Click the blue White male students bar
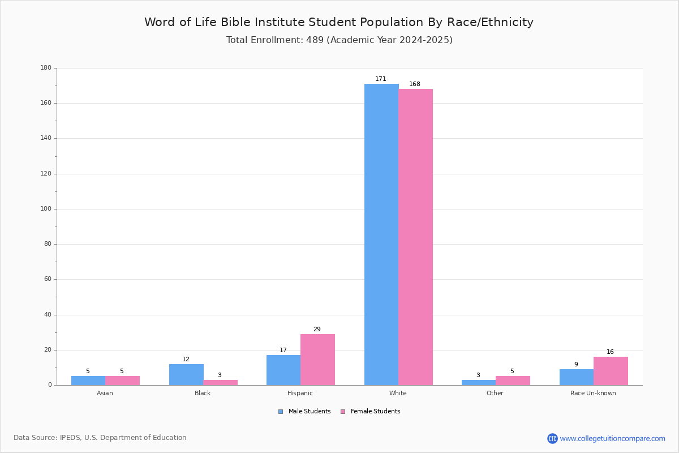[x=381, y=234]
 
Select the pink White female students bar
[x=415, y=237]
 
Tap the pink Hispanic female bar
[x=317, y=360]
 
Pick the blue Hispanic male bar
[x=283, y=370]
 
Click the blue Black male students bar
[x=186, y=375]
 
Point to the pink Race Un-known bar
[x=611, y=371]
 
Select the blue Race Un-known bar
[x=577, y=377]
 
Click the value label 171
[x=381, y=79]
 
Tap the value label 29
[x=317, y=329]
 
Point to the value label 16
[x=610, y=352]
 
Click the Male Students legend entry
[x=304, y=412]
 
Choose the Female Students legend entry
[x=371, y=412]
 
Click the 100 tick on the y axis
[x=46, y=209]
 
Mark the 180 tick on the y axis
[x=46, y=67]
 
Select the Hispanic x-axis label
[x=300, y=393]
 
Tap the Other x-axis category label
[x=495, y=393]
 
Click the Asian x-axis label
[x=105, y=393]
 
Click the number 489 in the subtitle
[x=315, y=40]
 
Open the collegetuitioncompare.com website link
[x=606, y=438]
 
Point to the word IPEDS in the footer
[x=70, y=438]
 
